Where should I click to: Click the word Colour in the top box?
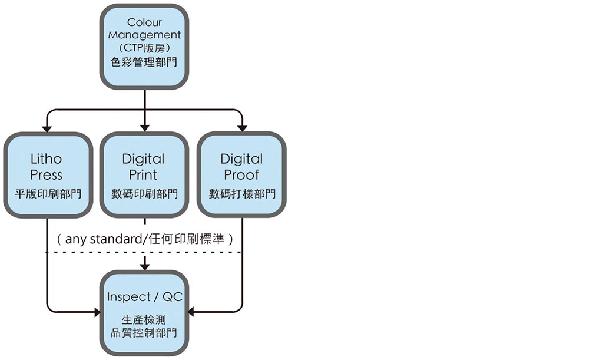pos(144,22)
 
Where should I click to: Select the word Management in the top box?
pos(144,35)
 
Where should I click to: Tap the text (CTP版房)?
pos(144,48)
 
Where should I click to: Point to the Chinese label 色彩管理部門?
pos(144,61)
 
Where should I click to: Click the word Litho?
pos(47,158)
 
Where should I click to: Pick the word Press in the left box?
pos(47,175)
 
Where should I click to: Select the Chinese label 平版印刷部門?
pos(47,194)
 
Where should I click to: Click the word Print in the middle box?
pos(144,175)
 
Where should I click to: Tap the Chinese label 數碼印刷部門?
pos(144,194)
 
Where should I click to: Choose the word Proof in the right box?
pos(241,175)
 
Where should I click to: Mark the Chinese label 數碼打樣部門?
pos(242,194)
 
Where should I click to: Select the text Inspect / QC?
pos(145,297)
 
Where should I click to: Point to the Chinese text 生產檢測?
pos(144,320)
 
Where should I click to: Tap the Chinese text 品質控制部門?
pos(144,333)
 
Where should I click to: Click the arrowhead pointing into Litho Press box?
pos(47,128)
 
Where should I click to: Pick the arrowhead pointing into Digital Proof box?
pos(241,128)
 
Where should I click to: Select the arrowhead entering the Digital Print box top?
pos(145,128)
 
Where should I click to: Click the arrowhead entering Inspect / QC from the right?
pos(191,312)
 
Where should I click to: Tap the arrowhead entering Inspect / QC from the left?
pos(97,312)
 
